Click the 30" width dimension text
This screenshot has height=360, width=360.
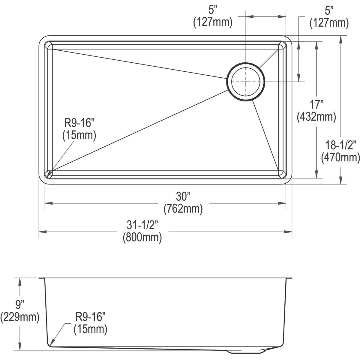tap(183, 197)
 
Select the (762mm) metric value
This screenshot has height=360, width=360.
tap(183, 209)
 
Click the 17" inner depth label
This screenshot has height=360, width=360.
tap(316, 105)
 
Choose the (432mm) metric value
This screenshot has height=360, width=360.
tap(316, 117)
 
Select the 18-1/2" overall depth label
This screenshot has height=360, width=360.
tap(340, 145)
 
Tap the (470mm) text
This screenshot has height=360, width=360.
tap(340, 157)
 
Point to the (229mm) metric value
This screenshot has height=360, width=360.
tap(20, 317)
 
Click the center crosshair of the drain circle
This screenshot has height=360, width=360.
tap(246, 82)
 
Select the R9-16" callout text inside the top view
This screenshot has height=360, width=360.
tap(79, 123)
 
